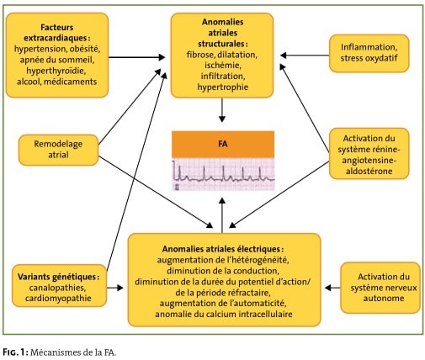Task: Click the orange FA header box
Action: [223, 144]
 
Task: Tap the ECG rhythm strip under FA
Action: [223, 174]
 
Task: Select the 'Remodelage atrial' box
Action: [58, 150]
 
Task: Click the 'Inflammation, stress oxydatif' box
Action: [369, 53]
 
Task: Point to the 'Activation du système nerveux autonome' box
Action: [380, 288]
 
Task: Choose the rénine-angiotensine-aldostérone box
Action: [369, 154]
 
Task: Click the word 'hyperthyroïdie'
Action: [56, 71]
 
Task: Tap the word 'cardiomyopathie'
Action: [58, 298]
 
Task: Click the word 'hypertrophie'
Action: [223, 87]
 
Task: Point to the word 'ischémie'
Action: [223, 66]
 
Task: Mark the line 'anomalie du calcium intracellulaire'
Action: [224, 314]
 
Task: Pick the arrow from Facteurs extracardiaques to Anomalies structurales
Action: [136, 57]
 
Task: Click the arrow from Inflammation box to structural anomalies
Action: [305, 56]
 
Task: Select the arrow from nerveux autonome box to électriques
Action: [332, 288]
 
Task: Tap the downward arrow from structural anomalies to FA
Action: [222, 110]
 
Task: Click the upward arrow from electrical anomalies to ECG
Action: [222, 215]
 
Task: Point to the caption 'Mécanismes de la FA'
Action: [73, 352]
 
